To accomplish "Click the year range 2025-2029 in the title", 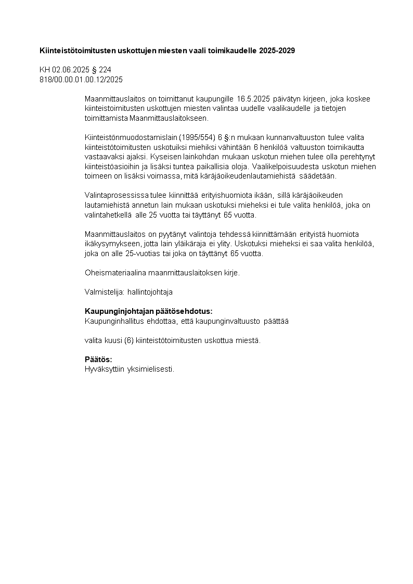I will click(278, 50).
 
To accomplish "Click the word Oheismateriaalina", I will click(115, 273).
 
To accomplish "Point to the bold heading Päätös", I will click(98, 360).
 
